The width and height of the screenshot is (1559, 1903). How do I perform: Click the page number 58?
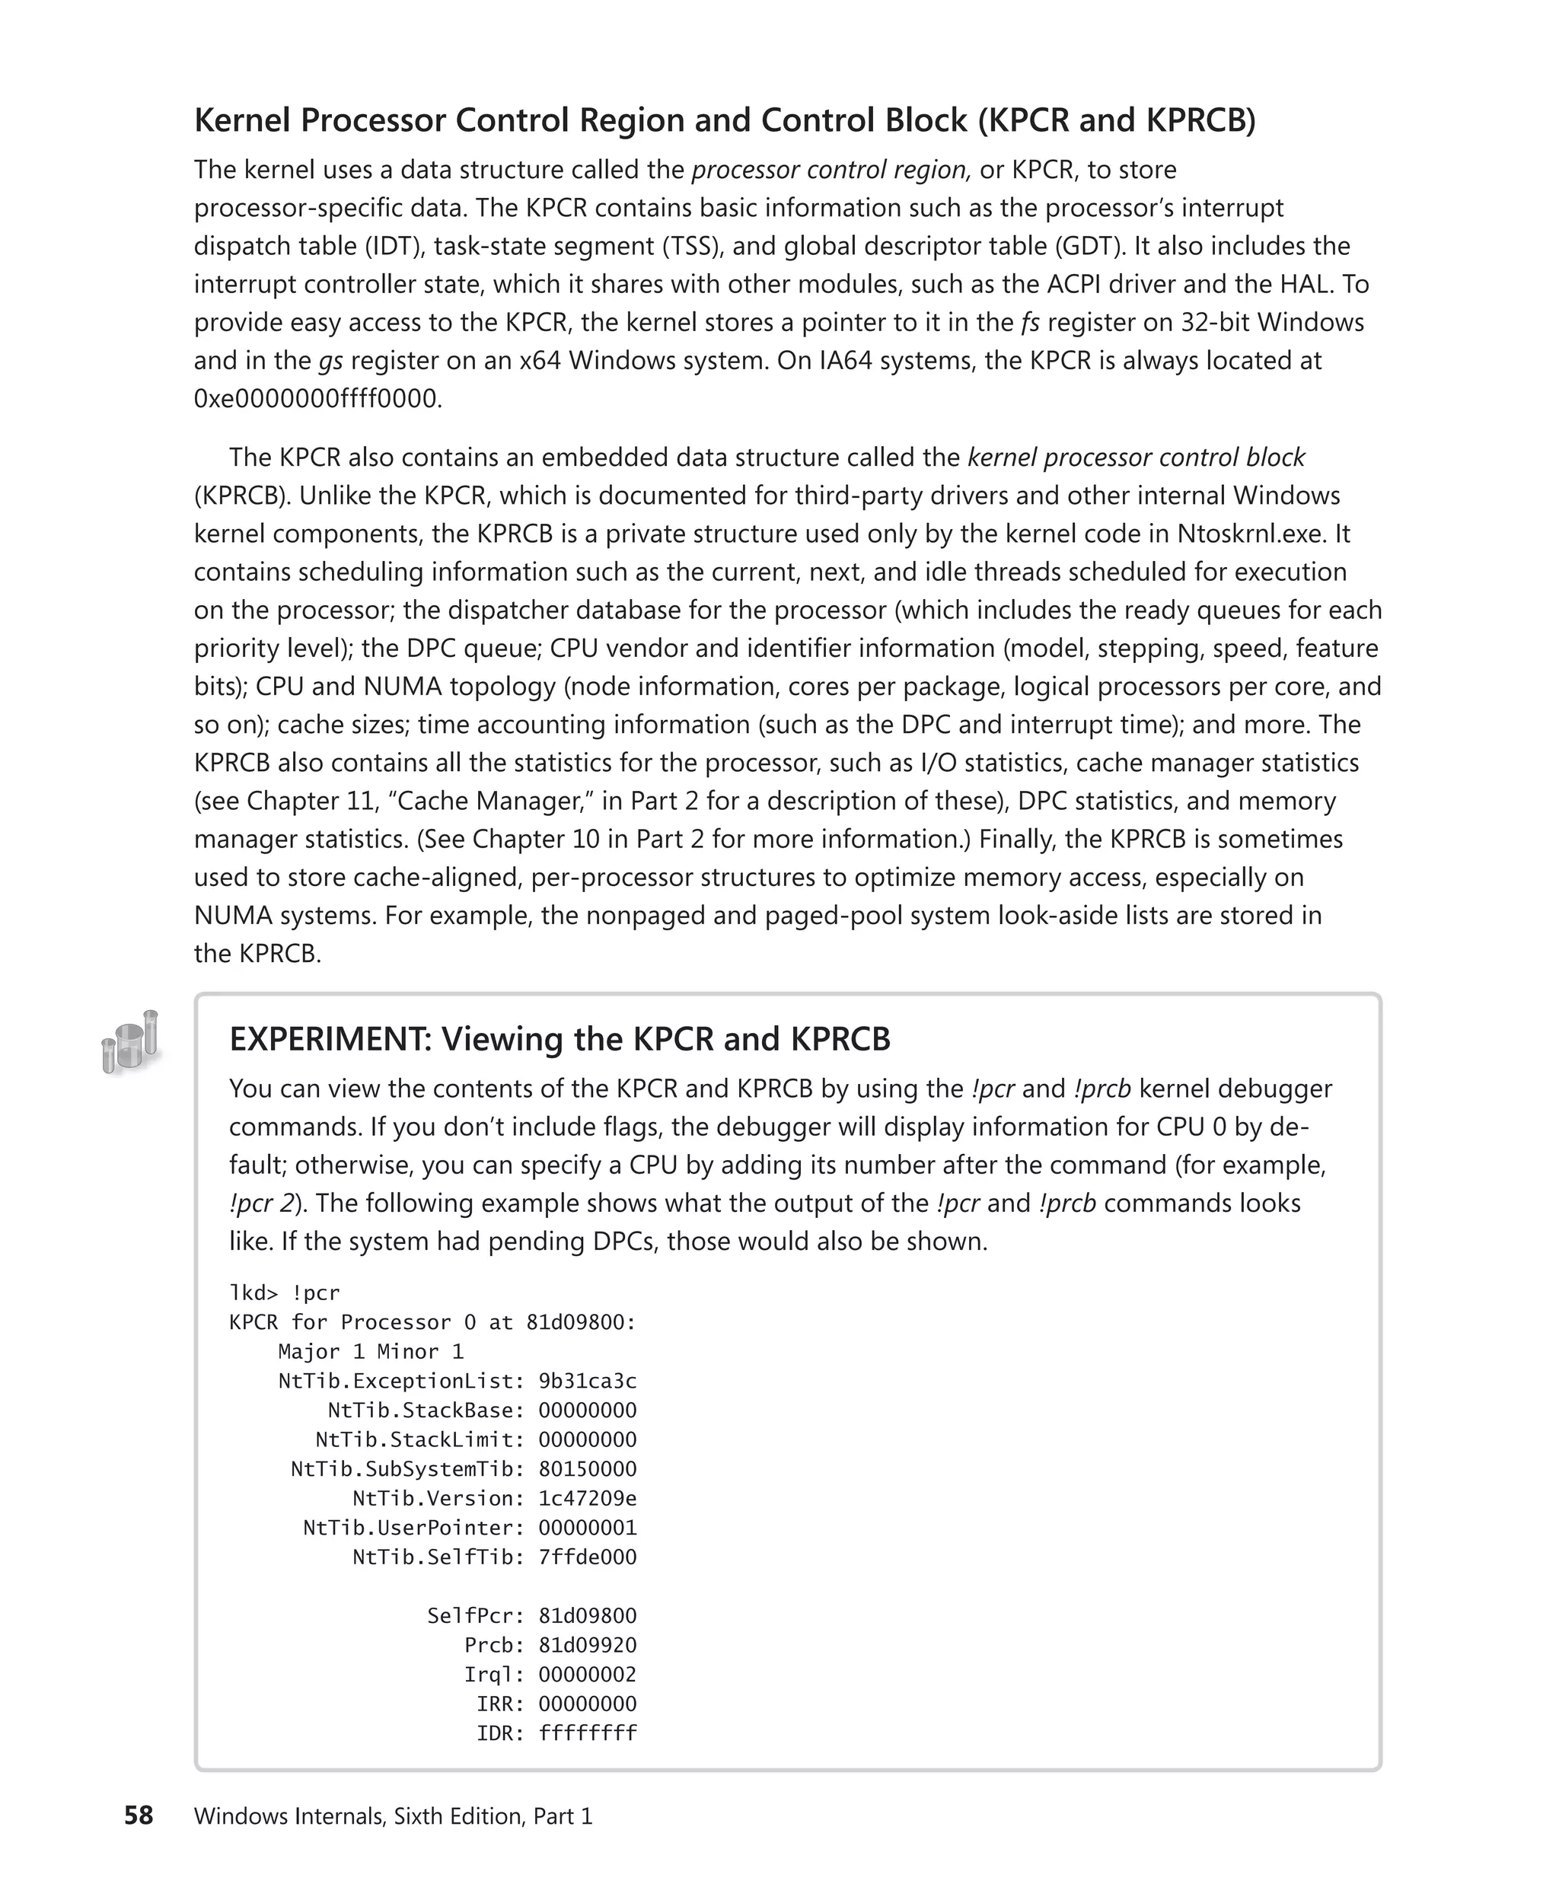(139, 1816)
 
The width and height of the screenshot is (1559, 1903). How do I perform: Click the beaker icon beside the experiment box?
(130, 1042)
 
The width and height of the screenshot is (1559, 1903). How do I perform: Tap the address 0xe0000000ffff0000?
(318, 399)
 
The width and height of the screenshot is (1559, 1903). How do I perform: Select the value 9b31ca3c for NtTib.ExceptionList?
(588, 1382)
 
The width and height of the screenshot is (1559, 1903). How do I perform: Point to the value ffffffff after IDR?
(588, 1733)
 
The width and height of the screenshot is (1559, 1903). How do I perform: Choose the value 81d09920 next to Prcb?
(588, 1645)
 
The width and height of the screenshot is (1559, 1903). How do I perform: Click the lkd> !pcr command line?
(285, 1293)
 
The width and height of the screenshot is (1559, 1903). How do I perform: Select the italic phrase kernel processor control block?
(1136, 457)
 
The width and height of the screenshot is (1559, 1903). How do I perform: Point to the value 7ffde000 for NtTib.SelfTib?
(588, 1557)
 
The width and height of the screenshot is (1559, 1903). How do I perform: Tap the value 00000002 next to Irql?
(588, 1674)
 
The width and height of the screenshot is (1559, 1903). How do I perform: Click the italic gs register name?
(330, 361)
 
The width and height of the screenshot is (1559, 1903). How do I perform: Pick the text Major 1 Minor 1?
(370, 1352)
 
